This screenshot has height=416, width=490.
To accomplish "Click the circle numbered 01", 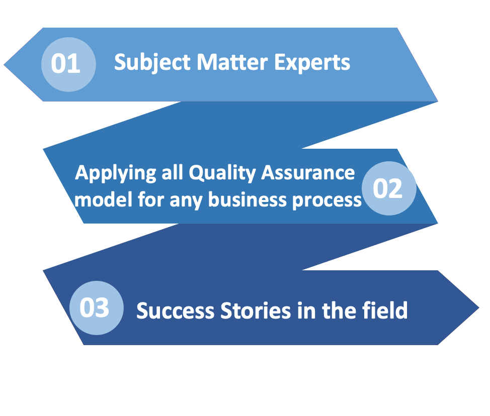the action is [68, 65].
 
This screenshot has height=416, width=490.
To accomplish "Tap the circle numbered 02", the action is [389, 188].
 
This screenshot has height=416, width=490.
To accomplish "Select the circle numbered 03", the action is [97, 308].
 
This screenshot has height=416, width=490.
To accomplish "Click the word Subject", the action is [152, 63].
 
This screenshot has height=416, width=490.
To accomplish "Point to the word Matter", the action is [232, 62].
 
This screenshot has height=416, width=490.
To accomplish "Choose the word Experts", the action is [312, 63].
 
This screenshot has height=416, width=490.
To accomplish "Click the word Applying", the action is [115, 173].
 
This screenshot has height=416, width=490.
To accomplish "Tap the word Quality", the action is [222, 173].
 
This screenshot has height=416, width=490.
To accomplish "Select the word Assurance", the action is [308, 172].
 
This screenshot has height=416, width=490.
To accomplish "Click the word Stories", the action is [256, 311].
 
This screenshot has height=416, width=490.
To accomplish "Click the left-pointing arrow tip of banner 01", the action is [4, 65].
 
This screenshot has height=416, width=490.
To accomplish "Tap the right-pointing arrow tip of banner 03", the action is [479, 307].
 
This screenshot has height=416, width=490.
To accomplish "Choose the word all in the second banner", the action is [172, 172].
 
